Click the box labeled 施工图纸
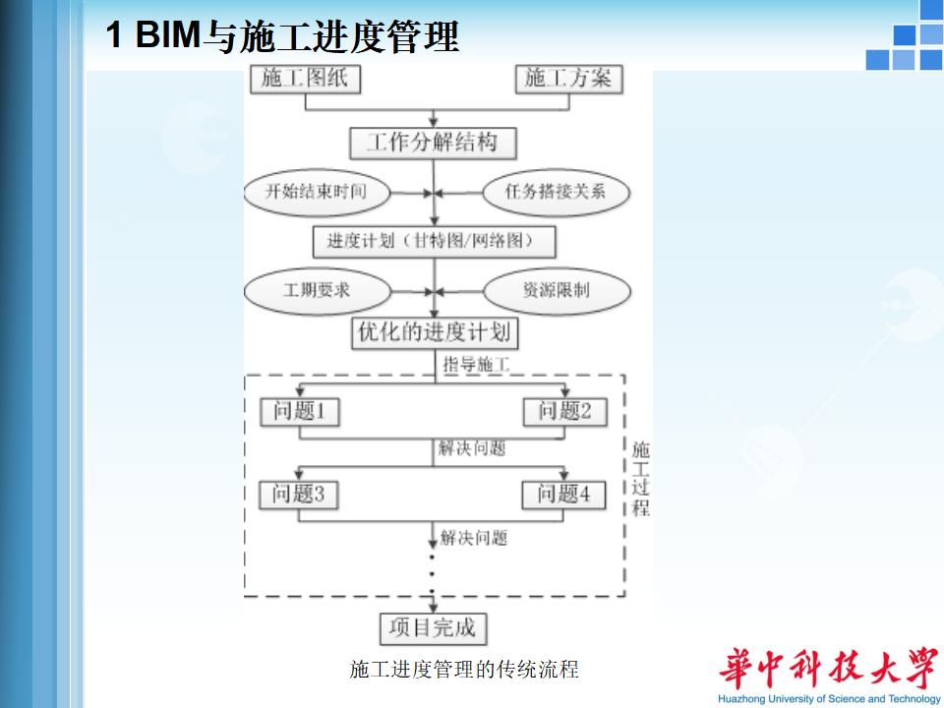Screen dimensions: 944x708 (305, 79)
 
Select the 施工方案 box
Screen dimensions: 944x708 (568, 79)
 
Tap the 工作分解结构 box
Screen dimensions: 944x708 (433, 144)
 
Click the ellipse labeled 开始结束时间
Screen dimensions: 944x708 (316, 191)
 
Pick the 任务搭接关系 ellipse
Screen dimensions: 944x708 (555, 191)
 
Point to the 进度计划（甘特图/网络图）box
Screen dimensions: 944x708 (433, 241)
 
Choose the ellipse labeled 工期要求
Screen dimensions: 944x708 (317, 290)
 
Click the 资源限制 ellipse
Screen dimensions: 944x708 (556, 290)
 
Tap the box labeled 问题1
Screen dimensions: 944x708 (299, 411)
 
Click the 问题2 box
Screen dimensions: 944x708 (564, 411)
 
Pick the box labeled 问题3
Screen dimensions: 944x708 (299, 494)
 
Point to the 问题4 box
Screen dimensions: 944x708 (564, 494)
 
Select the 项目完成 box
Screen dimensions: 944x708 (433, 627)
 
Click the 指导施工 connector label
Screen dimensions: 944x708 (477, 365)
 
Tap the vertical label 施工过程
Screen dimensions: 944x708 (640, 479)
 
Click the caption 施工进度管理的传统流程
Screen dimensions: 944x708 (464, 671)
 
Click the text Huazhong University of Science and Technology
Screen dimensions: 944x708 (829, 699)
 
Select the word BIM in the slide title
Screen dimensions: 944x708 (167, 36)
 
